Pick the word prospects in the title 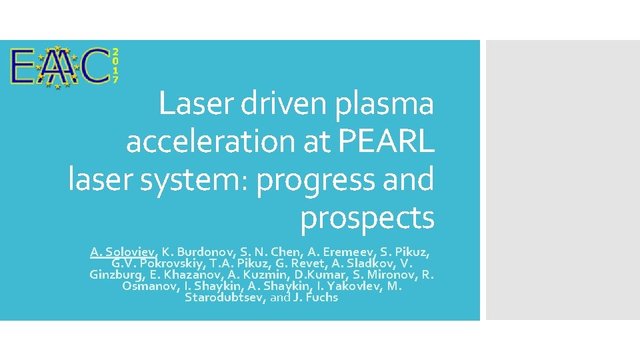(367, 218)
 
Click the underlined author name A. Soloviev (123, 252)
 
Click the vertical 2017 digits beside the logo (115, 65)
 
